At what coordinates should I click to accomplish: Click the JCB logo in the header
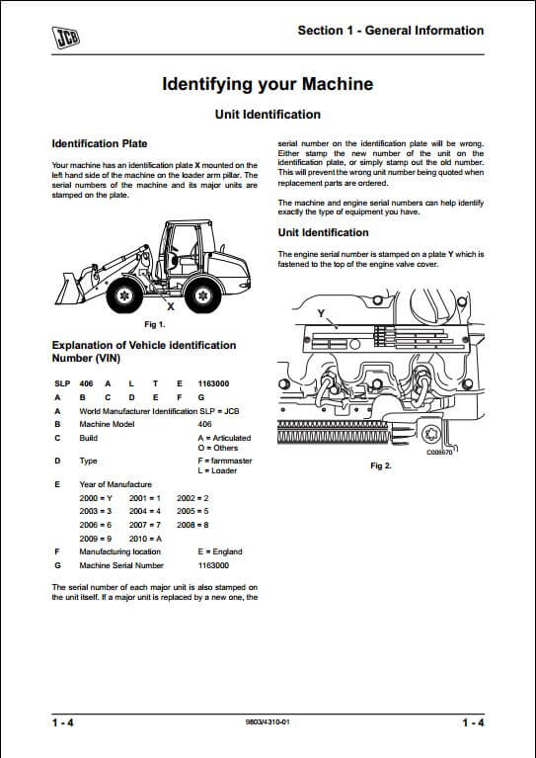point(66,38)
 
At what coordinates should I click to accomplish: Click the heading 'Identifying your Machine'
point(268,84)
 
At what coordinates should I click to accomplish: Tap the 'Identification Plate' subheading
point(100,143)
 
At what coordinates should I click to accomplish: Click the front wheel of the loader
point(124,295)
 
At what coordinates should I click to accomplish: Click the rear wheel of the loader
point(202,295)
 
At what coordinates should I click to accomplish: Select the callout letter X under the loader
point(171,306)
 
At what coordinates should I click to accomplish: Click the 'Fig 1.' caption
point(155,324)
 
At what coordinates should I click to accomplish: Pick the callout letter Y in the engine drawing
point(321,313)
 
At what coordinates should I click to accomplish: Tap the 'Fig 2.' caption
point(380,465)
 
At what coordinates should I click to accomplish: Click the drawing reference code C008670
point(439,453)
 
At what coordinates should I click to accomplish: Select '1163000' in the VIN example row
point(213,383)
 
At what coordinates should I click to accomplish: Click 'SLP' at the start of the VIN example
point(62,383)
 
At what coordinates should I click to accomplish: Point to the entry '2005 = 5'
point(192,511)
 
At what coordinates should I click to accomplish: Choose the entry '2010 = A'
point(145,539)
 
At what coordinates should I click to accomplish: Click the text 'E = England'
point(220,552)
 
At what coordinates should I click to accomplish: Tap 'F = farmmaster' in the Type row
point(225,462)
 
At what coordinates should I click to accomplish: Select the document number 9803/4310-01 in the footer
point(268,722)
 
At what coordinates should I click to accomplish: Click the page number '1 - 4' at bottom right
point(473,722)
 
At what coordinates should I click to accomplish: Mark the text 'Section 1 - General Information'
point(391,31)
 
